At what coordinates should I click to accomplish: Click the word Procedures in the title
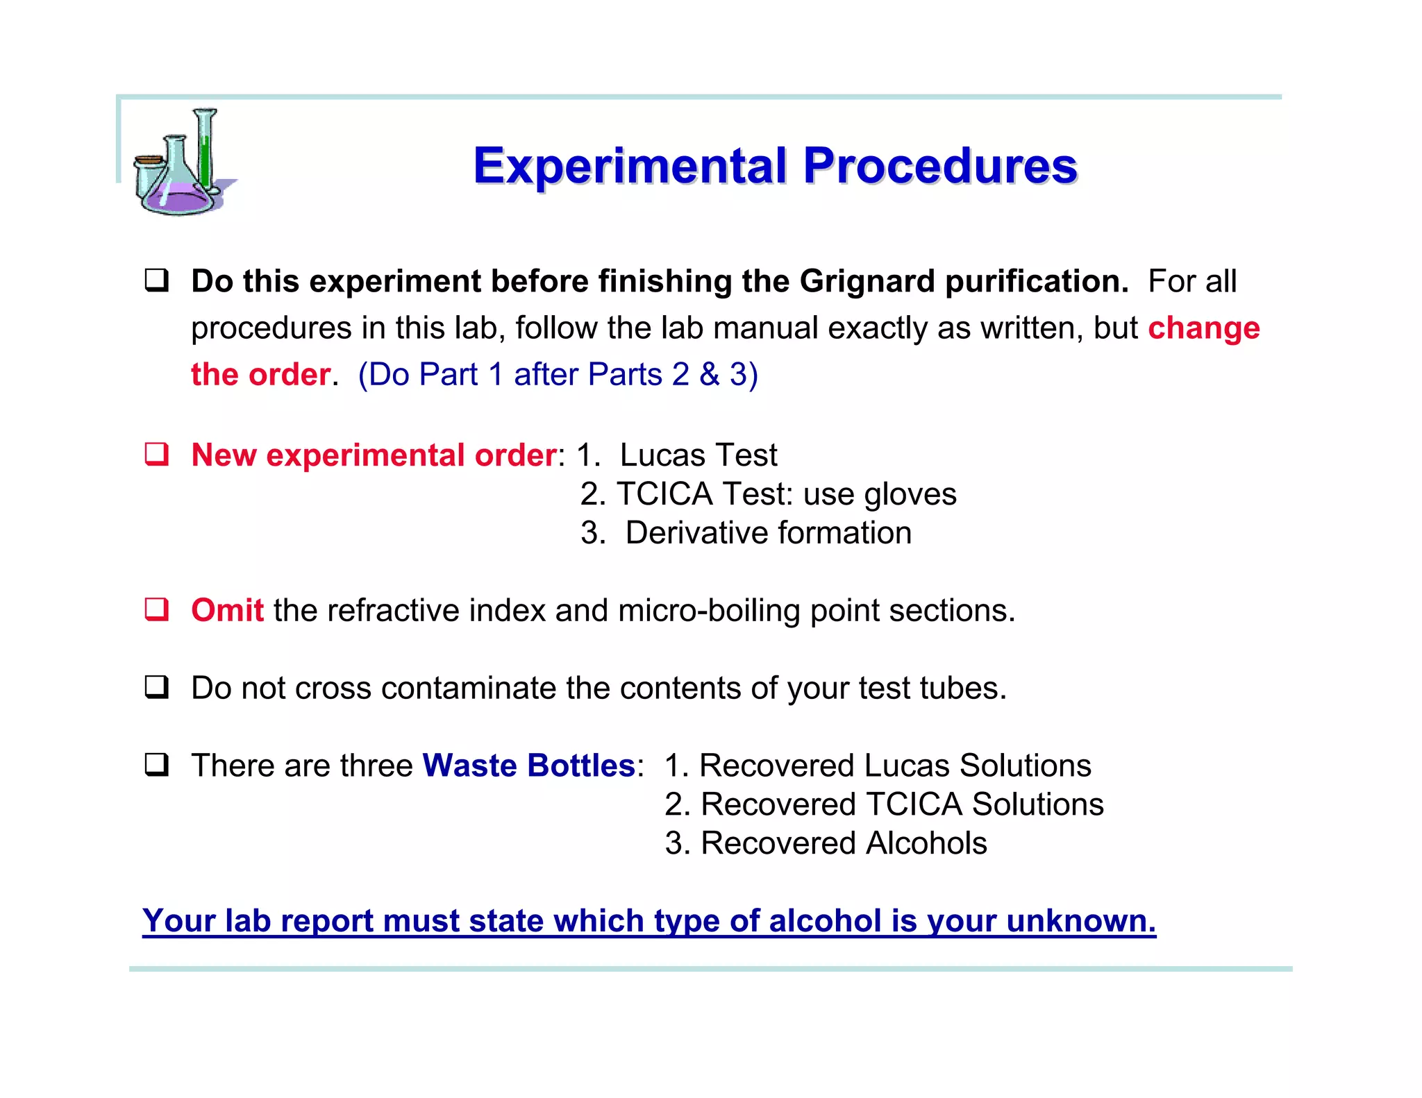pyautogui.click(x=940, y=167)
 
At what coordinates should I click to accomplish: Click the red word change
pyautogui.click(x=1203, y=328)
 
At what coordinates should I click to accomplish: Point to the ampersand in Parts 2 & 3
pyautogui.click(x=709, y=375)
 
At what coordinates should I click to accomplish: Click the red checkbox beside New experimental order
pyautogui.click(x=156, y=455)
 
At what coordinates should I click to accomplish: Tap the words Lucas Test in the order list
pyautogui.click(x=698, y=455)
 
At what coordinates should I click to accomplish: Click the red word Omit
pyautogui.click(x=227, y=611)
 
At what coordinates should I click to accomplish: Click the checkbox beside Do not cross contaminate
pyautogui.click(x=156, y=687)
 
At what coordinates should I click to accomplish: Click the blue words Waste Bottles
pyautogui.click(x=528, y=766)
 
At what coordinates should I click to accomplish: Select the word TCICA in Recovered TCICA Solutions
pyautogui.click(x=914, y=804)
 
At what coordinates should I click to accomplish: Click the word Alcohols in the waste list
pyautogui.click(x=926, y=843)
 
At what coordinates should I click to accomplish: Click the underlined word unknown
pyautogui.click(x=1080, y=922)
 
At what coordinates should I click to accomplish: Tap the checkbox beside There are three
pyautogui.click(x=156, y=765)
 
